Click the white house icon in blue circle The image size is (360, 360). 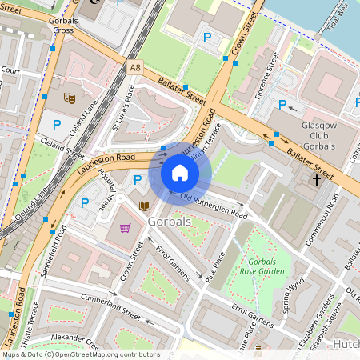click(x=180, y=173)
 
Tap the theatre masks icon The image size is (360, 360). click(x=70, y=98)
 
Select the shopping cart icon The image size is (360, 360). click(x=125, y=228)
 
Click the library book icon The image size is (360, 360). click(x=144, y=206)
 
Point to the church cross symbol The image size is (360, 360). click(x=316, y=180)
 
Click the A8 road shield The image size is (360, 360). click(x=134, y=70)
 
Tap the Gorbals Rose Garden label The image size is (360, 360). click(x=261, y=266)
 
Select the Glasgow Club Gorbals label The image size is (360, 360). click(x=323, y=135)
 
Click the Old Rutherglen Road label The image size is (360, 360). click(x=213, y=206)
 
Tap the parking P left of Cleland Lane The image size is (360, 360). click(x=58, y=124)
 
